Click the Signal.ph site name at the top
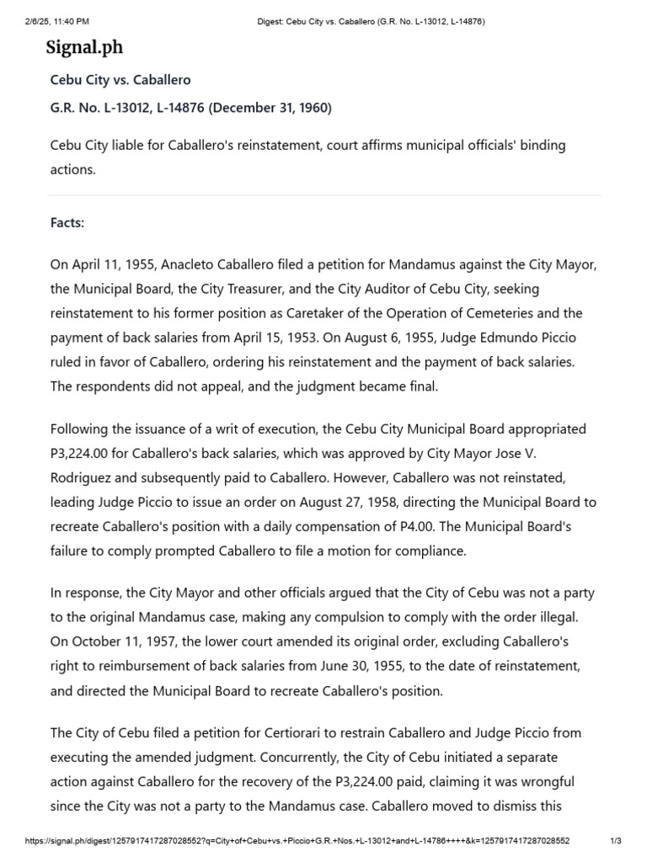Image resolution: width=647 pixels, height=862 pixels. click(84, 47)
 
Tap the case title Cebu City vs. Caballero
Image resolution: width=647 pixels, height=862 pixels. click(120, 80)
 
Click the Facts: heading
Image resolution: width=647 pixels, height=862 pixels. click(67, 223)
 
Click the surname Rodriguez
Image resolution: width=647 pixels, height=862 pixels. click(87, 478)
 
